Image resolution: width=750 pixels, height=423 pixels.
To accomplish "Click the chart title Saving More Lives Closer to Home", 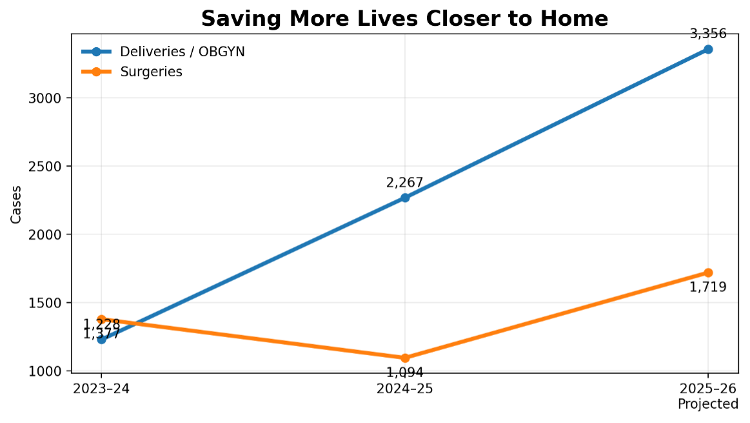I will (404, 19).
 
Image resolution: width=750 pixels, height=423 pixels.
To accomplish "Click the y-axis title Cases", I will (16, 204).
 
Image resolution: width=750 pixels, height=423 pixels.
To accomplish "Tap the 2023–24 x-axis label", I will (101, 389).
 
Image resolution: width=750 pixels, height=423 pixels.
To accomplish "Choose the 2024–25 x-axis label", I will (405, 389).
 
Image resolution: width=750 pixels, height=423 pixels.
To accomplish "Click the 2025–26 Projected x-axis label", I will (708, 396).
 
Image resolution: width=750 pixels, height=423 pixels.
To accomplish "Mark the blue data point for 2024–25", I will (405, 198).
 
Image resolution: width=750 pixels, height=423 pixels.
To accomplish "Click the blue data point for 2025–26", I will (708, 49).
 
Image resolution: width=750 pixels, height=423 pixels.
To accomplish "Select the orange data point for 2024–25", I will (405, 358).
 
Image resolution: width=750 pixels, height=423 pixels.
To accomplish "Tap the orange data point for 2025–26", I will (708, 273).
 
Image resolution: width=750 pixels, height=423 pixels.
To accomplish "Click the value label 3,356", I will (708, 34).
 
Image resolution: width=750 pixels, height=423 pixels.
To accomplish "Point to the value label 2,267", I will (405, 183).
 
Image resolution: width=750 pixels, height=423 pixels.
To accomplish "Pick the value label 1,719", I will (708, 287).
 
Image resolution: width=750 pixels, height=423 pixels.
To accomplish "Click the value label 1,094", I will (405, 372).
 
